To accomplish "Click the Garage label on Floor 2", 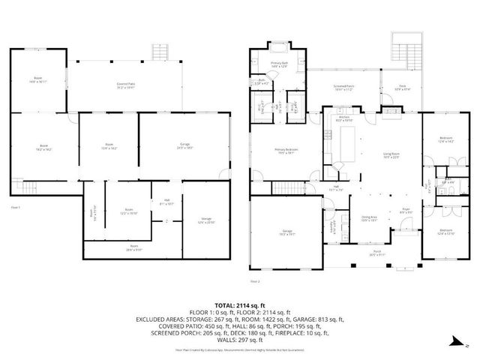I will [x=286, y=233].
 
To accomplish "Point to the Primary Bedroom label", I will [x=286, y=150].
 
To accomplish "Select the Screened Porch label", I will [x=343, y=87].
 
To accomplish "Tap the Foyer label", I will [x=405, y=211].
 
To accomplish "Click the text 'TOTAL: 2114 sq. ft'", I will [x=240, y=305].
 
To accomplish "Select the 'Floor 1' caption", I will [x=15, y=206].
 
